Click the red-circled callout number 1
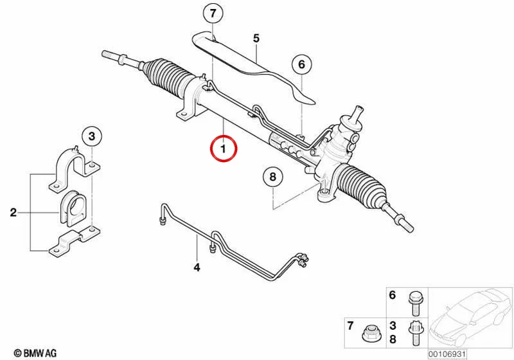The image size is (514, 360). pos(224,149)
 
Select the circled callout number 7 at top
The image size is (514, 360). pos(213,14)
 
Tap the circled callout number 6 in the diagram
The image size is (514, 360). pos(301,64)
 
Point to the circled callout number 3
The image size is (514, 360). pos(92,136)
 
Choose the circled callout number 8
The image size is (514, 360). pos(272,177)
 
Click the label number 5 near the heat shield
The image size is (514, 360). pos(256,39)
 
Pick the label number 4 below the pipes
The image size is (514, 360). pos(197,267)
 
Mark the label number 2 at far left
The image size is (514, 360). pos(13,212)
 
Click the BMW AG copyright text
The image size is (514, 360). pos(35,353)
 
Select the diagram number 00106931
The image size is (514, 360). pos(447,354)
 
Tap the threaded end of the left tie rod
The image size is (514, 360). pos(111,55)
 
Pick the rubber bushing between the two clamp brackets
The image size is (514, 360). pos(73,208)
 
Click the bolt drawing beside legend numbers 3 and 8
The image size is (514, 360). pos(414,332)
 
